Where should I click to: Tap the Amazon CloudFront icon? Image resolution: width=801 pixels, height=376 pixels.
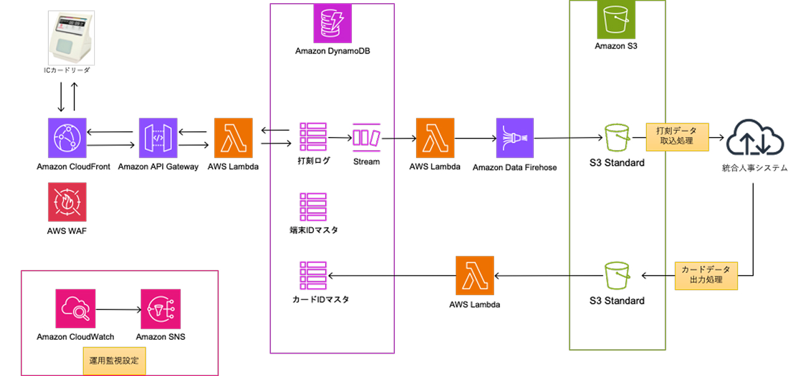coord(67,138)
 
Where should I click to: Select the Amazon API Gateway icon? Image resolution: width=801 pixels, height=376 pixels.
coord(158,138)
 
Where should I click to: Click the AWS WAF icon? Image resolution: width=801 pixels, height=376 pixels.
coord(67,202)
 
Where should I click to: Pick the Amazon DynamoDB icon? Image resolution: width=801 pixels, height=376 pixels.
coord(332,23)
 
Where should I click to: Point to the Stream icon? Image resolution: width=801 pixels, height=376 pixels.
coord(366,138)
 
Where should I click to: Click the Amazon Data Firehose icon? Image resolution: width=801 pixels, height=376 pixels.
coord(515,138)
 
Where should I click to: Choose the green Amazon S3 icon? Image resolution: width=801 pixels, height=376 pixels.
coord(617,21)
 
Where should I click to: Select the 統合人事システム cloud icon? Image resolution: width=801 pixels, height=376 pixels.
coord(754,138)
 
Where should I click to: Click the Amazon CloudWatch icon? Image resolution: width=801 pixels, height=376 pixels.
coord(75,309)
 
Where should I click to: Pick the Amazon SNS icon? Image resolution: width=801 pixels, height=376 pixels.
coord(160,309)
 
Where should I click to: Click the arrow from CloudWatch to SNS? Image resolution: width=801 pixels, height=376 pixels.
coord(117,309)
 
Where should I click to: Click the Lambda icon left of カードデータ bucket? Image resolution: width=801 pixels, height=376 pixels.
coord(475,275)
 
